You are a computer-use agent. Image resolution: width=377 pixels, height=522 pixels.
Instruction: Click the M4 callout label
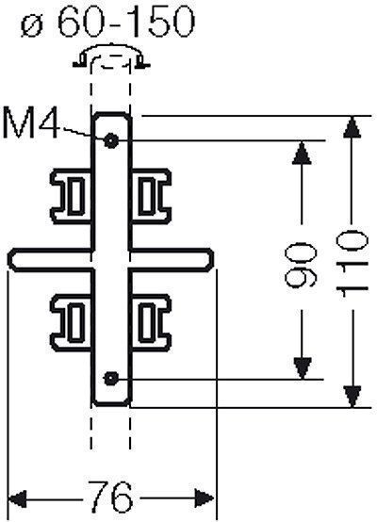coord(31,123)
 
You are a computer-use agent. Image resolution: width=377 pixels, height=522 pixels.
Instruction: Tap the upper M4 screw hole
coord(110,140)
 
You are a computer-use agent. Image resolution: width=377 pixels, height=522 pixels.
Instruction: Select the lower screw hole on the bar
coord(111,379)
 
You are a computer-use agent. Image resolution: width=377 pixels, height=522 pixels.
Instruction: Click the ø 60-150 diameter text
coord(107,22)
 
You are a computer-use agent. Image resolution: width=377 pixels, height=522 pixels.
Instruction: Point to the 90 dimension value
coord(301,265)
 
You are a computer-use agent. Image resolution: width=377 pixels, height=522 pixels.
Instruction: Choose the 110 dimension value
coord(352,265)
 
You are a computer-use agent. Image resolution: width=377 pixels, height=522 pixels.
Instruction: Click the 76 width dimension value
coord(111,498)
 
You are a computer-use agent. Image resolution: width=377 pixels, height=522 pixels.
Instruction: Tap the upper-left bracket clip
coord(71,196)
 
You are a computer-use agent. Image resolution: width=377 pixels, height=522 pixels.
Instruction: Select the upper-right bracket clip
coord(151,196)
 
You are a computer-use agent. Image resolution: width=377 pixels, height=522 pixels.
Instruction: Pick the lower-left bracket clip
coord(71,322)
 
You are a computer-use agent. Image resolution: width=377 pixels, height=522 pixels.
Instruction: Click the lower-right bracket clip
coord(151,322)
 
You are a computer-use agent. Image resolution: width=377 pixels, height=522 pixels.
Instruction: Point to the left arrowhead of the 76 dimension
coord(17,498)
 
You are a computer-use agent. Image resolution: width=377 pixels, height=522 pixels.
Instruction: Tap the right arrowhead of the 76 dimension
coord(204,498)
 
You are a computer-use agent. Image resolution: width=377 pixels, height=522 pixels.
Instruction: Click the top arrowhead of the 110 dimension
coord(352,126)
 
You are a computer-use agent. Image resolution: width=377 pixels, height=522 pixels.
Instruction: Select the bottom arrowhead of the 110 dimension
coord(352,397)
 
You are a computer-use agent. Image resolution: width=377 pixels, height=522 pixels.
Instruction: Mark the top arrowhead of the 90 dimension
coord(302,153)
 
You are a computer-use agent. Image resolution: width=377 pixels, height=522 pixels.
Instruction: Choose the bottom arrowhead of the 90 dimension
coord(303,368)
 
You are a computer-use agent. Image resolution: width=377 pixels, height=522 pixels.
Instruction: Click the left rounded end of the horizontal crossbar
coord(12,260)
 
